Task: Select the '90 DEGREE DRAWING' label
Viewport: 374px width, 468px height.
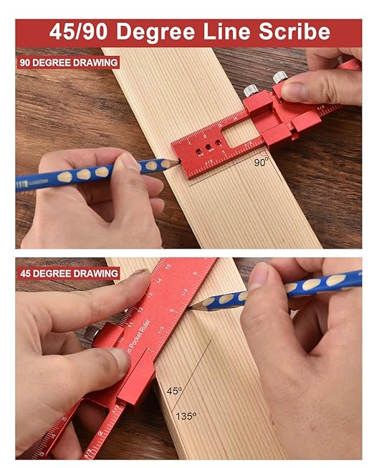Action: point(69,62)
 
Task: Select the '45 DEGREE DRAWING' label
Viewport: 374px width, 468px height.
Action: point(69,273)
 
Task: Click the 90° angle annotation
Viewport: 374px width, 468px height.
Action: point(262,162)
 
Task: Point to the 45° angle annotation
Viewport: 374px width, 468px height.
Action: point(175,391)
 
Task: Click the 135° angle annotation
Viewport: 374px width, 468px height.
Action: point(186,415)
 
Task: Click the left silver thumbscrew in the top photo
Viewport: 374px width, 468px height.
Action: point(251,90)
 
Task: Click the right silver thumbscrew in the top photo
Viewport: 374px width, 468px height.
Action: point(279,76)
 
